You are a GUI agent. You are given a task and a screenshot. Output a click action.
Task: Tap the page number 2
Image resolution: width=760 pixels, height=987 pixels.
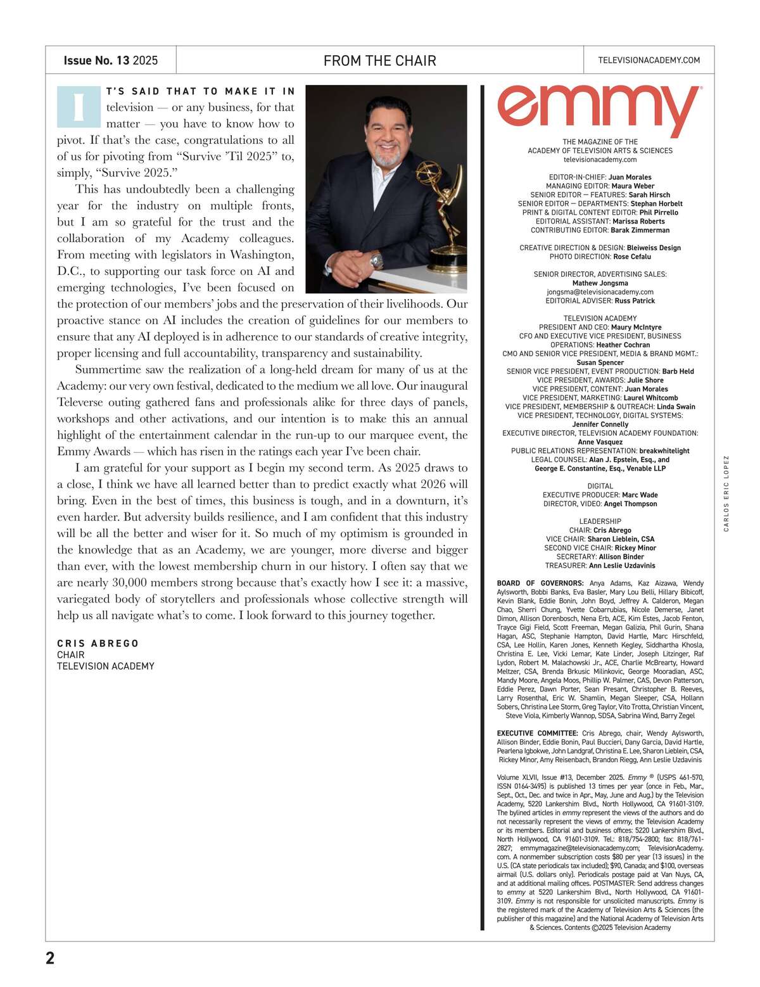[51, 958]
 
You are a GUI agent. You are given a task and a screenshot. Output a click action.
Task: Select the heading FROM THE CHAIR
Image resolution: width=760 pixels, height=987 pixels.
[379, 61]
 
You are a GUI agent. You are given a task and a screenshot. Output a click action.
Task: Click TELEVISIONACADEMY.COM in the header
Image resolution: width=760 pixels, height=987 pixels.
[649, 60]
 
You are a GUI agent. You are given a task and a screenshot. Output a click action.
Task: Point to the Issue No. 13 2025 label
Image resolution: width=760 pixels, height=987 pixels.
[110, 61]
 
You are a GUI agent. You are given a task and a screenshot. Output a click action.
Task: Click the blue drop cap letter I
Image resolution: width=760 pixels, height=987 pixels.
[79, 107]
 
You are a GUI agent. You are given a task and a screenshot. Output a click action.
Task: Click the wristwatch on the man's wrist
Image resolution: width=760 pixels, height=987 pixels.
[377, 259]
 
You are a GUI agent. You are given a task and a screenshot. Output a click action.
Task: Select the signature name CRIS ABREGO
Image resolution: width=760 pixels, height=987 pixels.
[98, 644]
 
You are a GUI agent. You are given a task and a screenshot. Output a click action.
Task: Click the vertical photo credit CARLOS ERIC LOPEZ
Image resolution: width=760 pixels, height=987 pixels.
[726, 493]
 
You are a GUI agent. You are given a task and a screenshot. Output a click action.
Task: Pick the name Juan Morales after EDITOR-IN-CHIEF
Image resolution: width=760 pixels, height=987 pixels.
[630, 177]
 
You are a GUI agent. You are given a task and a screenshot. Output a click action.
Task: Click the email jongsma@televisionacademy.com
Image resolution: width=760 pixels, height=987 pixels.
[600, 292]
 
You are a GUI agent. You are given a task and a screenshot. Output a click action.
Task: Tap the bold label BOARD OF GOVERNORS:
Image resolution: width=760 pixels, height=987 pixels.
[540, 583]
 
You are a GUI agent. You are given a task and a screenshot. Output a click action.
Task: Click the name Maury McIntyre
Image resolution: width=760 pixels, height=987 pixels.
[636, 328]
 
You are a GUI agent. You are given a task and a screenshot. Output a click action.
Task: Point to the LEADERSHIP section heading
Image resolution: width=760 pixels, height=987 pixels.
[600, 521]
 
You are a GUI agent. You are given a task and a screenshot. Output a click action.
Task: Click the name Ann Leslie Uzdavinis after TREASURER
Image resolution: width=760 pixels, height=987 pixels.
[622, 566]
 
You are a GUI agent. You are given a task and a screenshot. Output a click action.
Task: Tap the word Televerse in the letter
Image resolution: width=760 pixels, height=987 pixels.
[83, 402]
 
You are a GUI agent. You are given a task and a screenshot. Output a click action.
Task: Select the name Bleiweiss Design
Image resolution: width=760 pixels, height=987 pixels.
[654, 248]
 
